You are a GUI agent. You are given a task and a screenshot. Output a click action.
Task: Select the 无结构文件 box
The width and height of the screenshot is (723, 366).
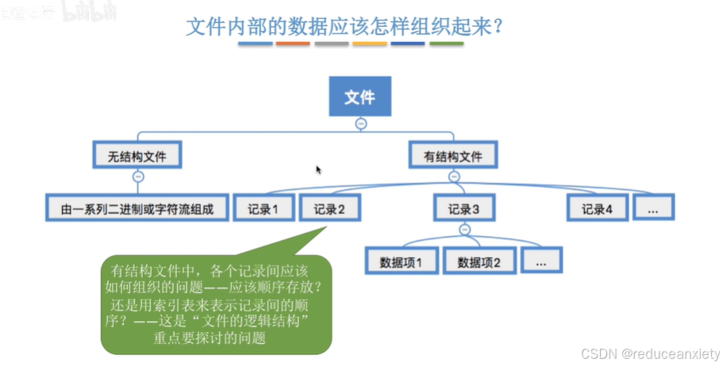[x=137, y=155]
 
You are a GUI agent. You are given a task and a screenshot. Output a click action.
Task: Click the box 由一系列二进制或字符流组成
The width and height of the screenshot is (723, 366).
[x=137, y=208]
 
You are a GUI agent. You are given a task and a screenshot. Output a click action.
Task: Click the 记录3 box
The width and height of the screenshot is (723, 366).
[x=464, y=208]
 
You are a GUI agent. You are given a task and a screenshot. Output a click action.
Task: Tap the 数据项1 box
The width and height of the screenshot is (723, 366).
[x=402, y=261]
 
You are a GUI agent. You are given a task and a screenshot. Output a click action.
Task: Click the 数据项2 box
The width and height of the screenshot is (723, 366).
[x=479, y=261]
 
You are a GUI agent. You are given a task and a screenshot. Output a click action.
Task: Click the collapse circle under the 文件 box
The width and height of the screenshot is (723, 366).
[x=360, y=124]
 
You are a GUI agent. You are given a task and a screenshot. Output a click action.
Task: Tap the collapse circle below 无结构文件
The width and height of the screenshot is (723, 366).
[x=138, y=177]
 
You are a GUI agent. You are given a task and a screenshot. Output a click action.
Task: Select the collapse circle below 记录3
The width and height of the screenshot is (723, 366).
[x=465, y=231]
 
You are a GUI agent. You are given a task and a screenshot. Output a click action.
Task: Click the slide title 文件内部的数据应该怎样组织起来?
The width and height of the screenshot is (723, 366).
[x=346, y=27]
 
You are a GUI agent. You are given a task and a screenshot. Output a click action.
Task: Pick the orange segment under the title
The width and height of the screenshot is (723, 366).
[x=293, y=44]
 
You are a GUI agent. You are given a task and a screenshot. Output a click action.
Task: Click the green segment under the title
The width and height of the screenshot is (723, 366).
[x=447, y=44]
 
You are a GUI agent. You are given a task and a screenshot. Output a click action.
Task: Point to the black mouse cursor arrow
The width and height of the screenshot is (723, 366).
[x=318, y=170]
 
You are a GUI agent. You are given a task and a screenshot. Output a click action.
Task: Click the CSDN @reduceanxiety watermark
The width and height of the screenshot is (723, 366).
[x=649, y=353]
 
